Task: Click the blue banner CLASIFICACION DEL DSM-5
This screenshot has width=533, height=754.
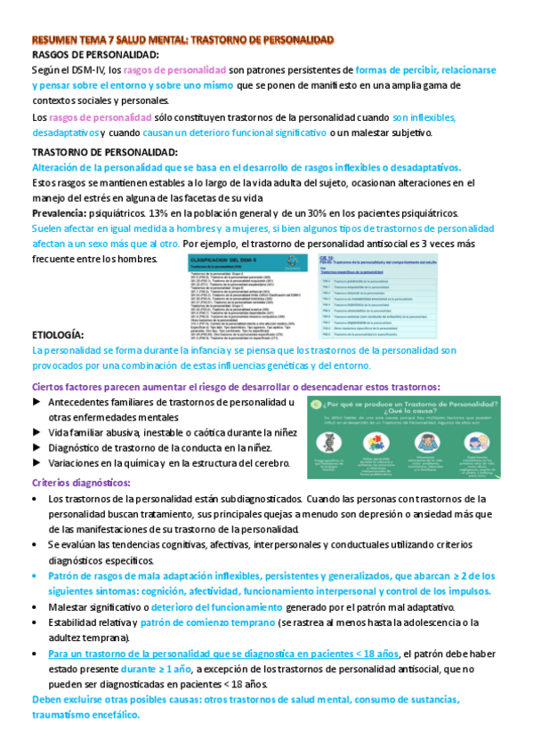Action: (222, 256)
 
